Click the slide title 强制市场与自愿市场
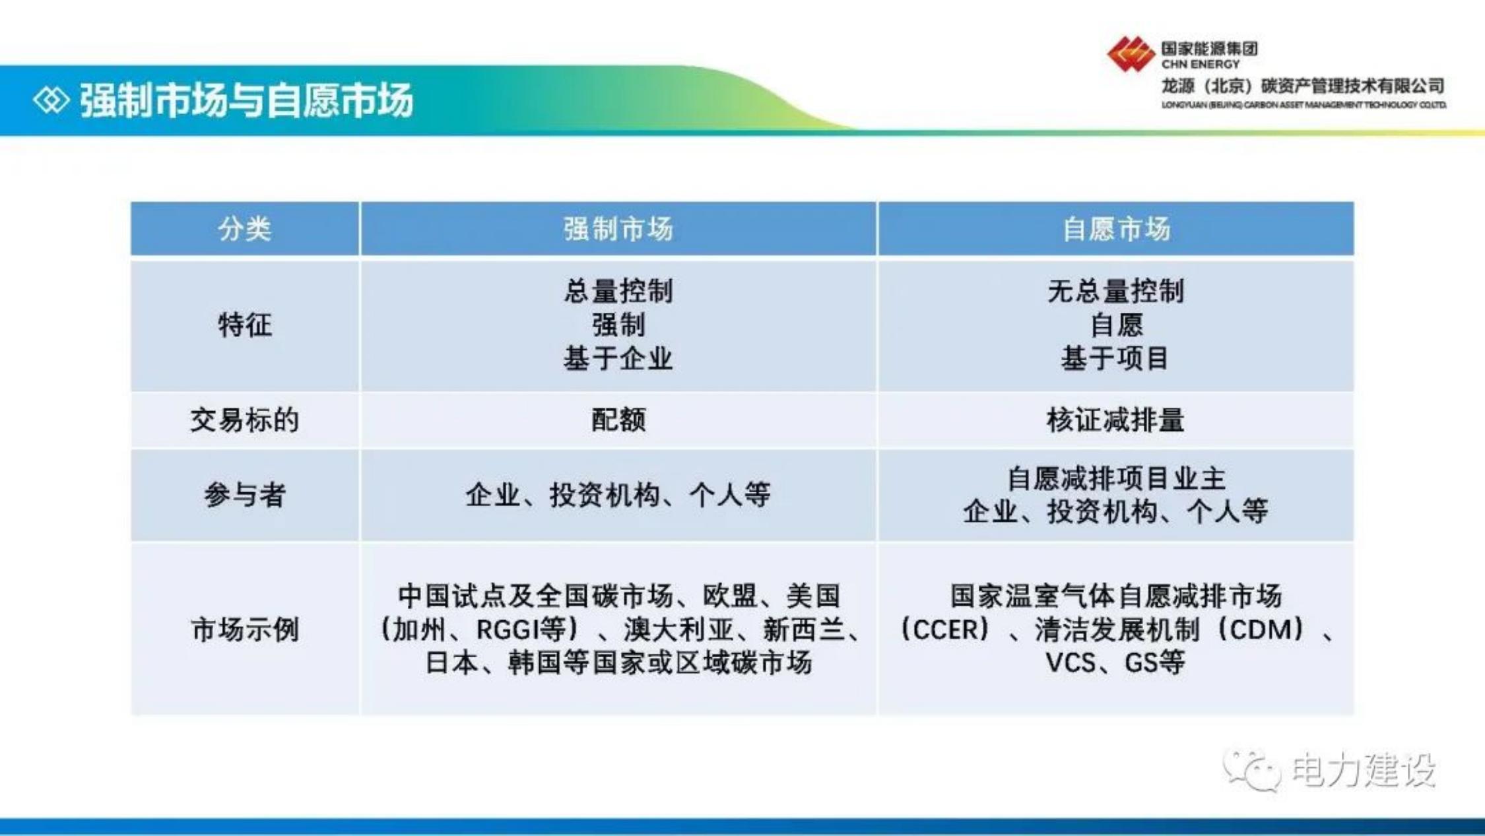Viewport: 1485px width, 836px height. (246, 100)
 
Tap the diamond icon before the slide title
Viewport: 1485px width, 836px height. (51, 100)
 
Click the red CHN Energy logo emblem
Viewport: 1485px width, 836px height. (1131, 54)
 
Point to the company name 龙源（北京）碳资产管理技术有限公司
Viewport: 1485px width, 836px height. (1303, 86)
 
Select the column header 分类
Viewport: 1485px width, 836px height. (245, 229)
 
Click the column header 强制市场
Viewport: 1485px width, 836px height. (618, 229)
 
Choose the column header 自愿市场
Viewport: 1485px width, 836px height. (1116, 229)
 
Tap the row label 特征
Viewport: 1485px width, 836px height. (245, 325)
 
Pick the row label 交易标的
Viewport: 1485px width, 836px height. (245, 420)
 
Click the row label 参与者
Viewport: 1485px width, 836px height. (245, 495)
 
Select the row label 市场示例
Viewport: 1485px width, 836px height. (245, 629)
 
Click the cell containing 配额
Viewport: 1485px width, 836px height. (618, 420)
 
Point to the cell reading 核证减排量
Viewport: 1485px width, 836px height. (1116, 420)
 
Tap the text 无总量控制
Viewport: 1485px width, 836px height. (1116, 291)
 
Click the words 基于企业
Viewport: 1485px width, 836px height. (618, 358)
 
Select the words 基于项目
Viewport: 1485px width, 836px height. (1116, 358)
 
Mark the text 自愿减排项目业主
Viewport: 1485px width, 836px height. (1116, 478)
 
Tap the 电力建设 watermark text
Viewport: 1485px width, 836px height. (1364, 770)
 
